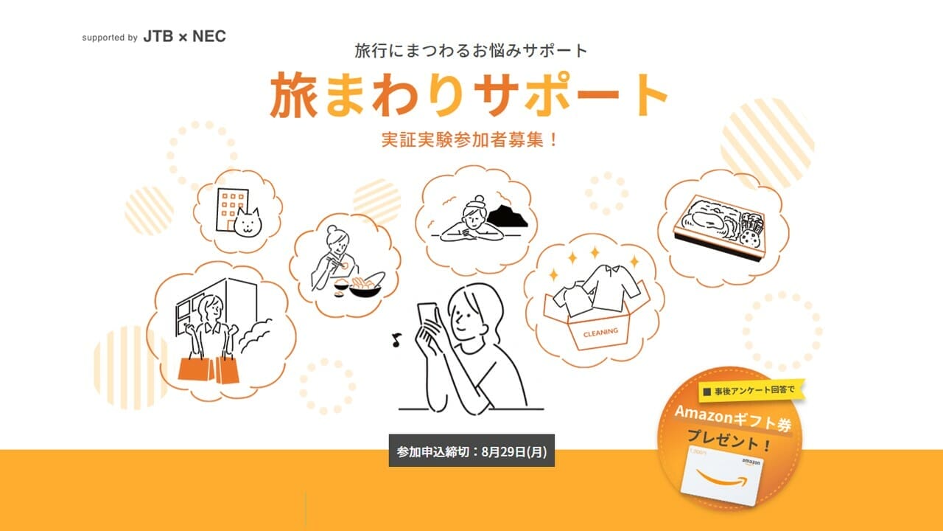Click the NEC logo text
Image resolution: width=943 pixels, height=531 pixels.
209,37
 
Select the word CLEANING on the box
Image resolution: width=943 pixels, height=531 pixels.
600,332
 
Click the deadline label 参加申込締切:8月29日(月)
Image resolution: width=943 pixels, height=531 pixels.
471,451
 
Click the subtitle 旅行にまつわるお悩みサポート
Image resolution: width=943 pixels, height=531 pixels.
471,51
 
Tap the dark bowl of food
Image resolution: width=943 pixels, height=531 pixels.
365,283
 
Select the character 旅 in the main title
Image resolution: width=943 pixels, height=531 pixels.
295,97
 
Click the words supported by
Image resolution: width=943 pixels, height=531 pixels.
110,38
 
